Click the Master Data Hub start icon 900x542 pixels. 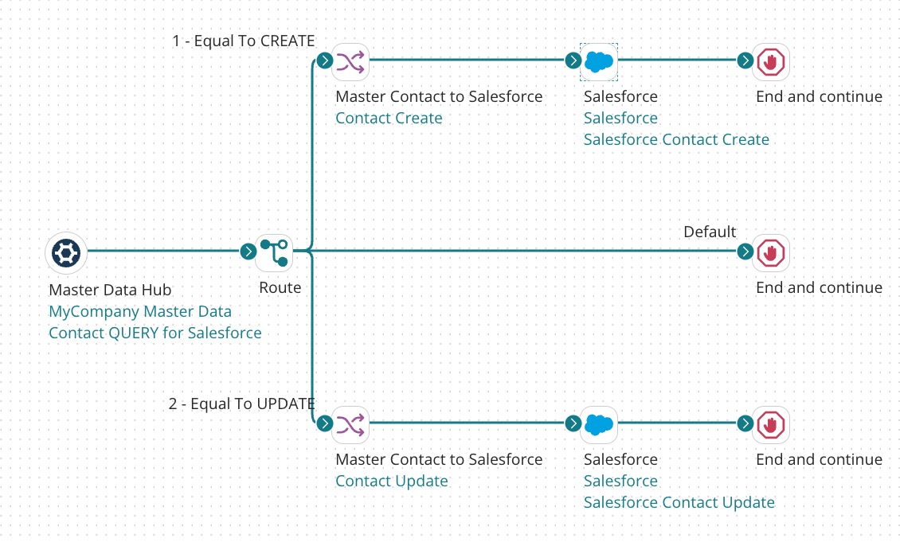[x=66, y=252]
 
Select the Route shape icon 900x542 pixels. [x=275, y=252]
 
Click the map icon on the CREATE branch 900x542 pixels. [x=350, y=61]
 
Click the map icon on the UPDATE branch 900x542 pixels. [x=350, y=424]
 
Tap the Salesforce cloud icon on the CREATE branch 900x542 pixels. [x=599, y=61]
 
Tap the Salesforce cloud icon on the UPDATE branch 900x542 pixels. [x=599, y=424]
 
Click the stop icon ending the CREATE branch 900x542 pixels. [x=771, y=61]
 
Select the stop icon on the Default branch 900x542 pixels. [x=771, y=252]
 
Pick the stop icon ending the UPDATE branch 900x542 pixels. [x=771, y=424]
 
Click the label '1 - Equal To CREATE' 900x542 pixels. [x=243, y=41]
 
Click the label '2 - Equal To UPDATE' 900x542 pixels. [x=241, y=404]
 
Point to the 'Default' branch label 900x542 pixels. [x=710, y=232]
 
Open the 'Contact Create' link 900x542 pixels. [x=389, y=119]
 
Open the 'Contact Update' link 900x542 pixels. [x=391, y=482]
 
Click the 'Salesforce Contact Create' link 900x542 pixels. [x=676, y=140]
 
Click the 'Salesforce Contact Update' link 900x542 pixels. [x=679, y=503]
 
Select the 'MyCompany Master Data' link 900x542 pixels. [x=139, y=311]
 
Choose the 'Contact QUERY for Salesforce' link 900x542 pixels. [x=155, y=333]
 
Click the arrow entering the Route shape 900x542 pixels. [x=248, y=252]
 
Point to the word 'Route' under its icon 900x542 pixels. [x=280, y=287]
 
